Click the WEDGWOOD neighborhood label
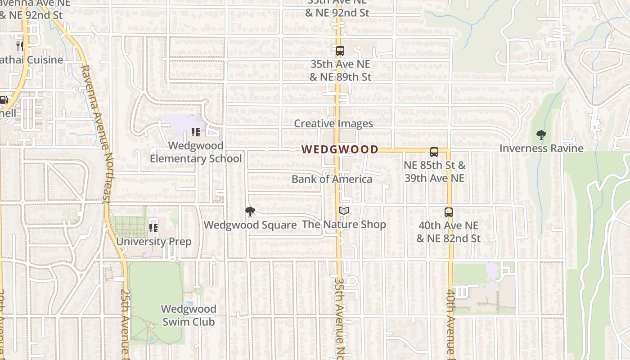click(340, 149)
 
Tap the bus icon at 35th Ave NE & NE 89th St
click(340, 51)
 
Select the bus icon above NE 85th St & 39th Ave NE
click(434, 152)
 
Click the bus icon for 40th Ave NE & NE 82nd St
click(449, 212)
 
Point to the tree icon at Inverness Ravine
click(541, 135)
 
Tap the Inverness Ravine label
click(541, 148)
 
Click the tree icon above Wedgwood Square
click(250, 211)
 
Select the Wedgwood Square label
click(250, 225)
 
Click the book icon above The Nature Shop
click(344, 211)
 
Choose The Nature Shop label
click(344, 224)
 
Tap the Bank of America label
click(332, 179)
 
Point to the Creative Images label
click(333, 124)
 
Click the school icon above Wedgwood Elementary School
click(195, 132)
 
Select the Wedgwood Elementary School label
click(196, 152)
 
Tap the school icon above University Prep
click(153, 228)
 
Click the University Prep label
click(154, 242)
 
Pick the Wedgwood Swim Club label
click(189, 315)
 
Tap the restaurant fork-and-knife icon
click(20, 46)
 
